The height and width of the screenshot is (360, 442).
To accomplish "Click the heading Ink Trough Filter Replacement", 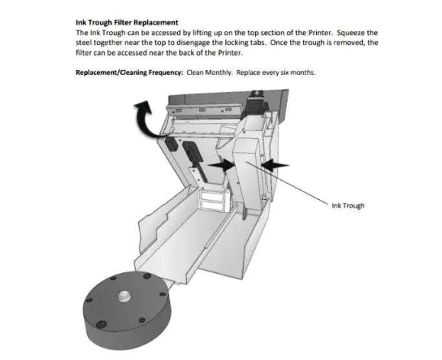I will pos(126,23).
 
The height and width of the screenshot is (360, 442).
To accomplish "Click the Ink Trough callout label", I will pos(347,205).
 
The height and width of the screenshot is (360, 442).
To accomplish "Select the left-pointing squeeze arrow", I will pos(274,164).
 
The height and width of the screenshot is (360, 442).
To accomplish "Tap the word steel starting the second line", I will pos(84,43).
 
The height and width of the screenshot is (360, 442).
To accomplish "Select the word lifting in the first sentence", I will pos(187,33).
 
